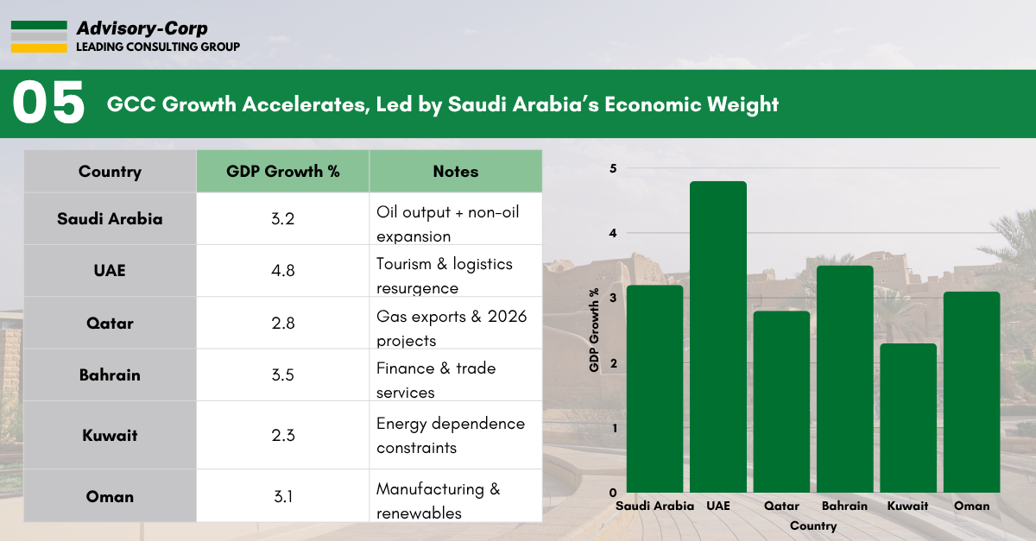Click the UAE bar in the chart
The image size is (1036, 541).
coord(718,337)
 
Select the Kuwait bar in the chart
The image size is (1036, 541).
coord(908,418)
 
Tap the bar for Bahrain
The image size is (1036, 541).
coord(845,380)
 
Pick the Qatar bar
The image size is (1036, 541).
coord(781,402)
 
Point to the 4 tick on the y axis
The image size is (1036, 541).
coord(613,233)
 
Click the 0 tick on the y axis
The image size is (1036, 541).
coord(613,493)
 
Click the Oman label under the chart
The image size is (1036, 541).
coord(972,506)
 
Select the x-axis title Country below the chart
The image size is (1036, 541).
coord(812,525)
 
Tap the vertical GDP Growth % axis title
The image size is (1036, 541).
coord(594,330)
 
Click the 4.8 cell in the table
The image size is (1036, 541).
coord(283,270)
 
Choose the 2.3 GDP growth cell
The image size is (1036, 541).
coord(283,436)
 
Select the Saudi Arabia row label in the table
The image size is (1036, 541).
coord(110,218)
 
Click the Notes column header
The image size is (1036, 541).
coord(456,171)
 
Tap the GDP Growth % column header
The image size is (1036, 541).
coord(283,171)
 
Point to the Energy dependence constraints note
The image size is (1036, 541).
coord(450,436)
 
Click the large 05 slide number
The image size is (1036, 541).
coord(49,104)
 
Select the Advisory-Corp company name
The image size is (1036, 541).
coord(142,29)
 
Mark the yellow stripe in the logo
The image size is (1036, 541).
coord(39,48)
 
